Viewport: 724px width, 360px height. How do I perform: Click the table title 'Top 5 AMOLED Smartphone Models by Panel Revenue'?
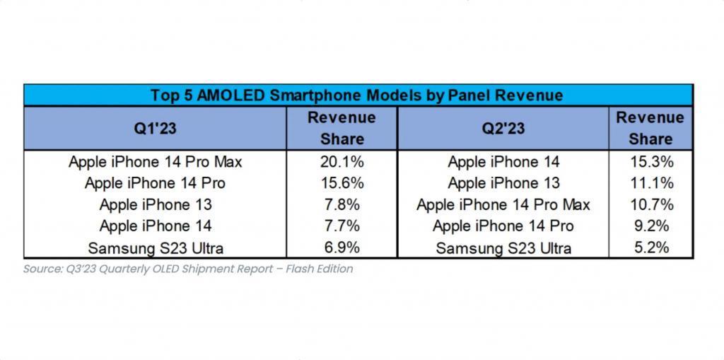(x=357, y=95)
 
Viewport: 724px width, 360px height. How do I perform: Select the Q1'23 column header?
(x=155, y=128)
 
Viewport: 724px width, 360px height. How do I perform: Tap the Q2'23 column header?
(x=503, y=128)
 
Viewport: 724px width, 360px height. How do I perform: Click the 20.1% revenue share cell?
(x=341, y=162)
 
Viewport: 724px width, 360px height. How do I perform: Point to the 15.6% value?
(x=341, y=183)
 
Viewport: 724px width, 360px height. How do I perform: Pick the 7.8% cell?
(x=341, y=205)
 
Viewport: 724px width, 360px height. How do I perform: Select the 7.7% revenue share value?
(x=341, y=226)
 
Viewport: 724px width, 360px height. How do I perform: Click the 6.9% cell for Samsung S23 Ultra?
(x=341, y=248)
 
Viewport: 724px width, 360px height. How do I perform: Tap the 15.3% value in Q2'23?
(x=650, y=162)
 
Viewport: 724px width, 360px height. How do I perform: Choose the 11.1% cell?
(x=650, y=183)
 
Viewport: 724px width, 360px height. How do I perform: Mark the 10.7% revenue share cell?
(x=650, y=205)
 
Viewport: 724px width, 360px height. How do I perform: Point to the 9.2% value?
(x=650, y=226)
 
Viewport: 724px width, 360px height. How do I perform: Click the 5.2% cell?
(x=650, y=248)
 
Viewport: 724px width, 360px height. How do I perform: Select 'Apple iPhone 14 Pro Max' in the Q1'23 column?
(x=155, y=162)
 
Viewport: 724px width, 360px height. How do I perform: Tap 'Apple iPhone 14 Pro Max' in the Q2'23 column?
(x=503, y=205)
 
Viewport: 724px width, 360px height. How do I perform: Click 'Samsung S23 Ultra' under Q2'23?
(x=503, y=248)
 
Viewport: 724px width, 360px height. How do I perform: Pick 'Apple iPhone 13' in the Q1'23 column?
(x=155, y=205)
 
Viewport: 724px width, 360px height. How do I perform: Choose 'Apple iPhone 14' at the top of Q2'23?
(x=503, y=162)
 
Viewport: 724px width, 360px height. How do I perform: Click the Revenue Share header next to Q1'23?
(x=341, y=128)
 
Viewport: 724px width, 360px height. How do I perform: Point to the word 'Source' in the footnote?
(x=40, y=269)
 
